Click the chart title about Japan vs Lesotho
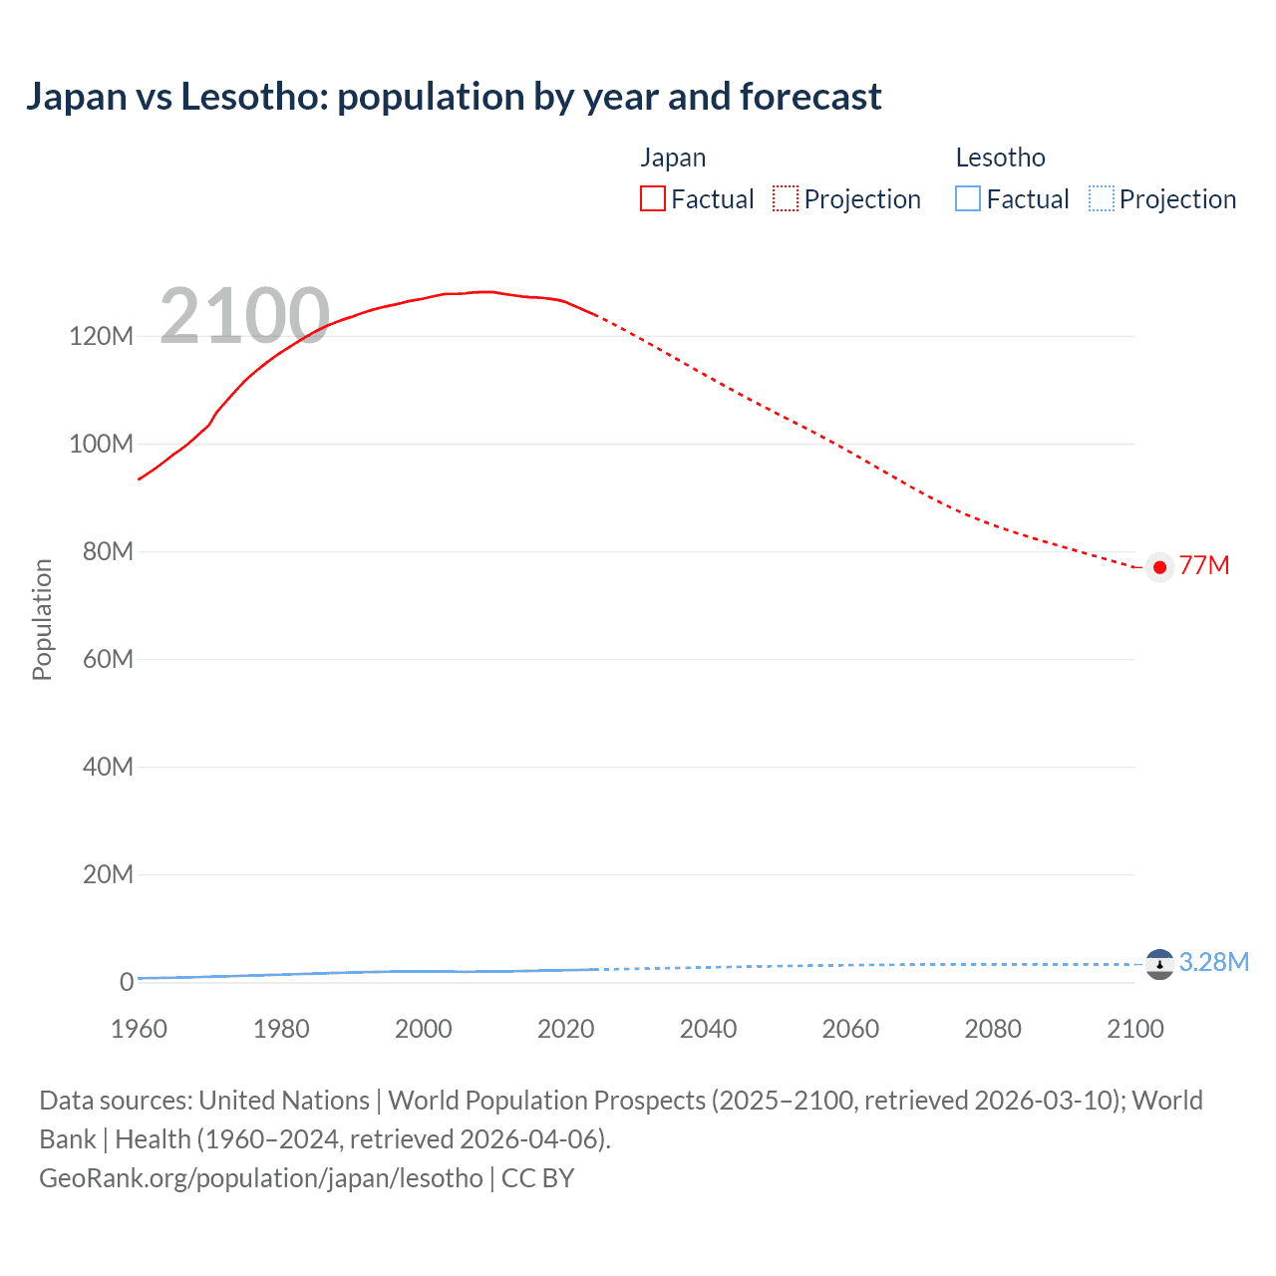tap(454, 97)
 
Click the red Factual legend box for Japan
tap(652, 198)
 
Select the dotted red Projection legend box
tap(786, 198)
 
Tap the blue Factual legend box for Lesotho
tap(968, 198)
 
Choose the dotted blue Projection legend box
tap(1101, 198)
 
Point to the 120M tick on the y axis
tap(101, 336)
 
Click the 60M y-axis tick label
tap(107, 659)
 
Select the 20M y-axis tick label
tap(107, 874)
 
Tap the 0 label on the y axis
tap(126, 982)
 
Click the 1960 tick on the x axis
tap(139, 1029)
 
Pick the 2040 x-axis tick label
tap(708, 1029)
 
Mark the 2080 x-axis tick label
tap(993, 1029)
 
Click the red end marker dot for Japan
tap(1159, 567)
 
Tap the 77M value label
tap(1204, 565)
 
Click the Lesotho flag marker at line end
tap(1159, 964)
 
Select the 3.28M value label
tap(1213, 962)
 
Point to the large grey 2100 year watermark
tap(244, 316)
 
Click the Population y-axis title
tap(42, 619)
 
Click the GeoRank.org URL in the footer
tap(261, 1177)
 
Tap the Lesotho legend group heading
tap(1000, 158)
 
